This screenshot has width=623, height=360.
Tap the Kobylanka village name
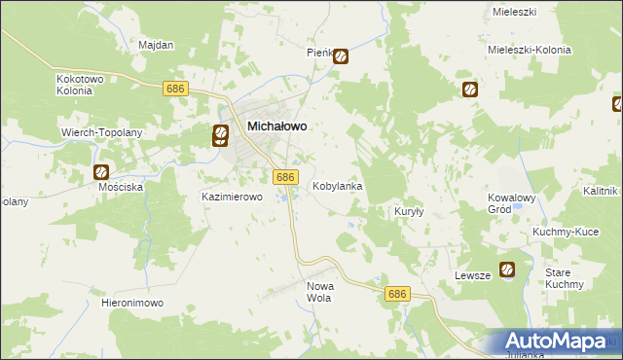338,185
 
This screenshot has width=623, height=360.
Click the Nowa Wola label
320,292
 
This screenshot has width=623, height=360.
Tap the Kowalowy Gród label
513,203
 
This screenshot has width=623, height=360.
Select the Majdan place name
156,46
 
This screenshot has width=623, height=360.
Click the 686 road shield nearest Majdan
176,89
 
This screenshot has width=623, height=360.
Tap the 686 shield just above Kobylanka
284,177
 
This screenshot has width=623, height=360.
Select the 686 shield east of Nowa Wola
396,294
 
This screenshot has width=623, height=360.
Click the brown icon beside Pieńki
341,56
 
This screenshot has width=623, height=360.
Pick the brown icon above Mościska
102,172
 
